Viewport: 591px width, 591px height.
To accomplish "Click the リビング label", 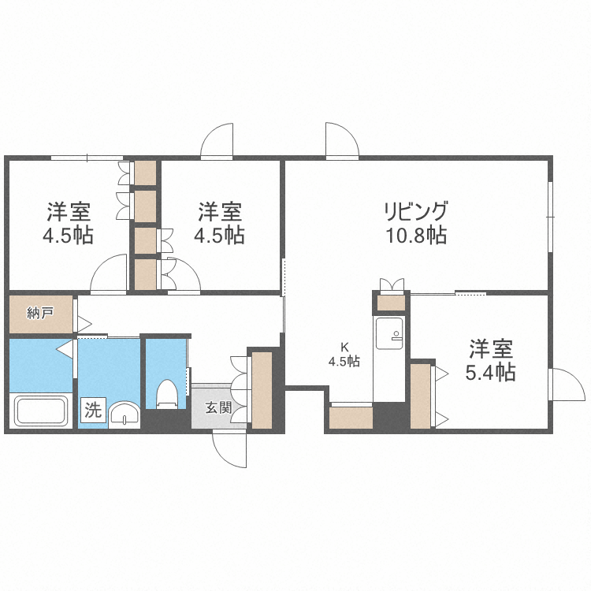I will point(415,211).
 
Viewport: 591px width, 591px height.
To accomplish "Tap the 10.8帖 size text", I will point(415,234).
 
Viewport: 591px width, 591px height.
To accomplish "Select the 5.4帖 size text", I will point(490,372).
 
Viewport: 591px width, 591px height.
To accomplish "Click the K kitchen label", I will point(344,347).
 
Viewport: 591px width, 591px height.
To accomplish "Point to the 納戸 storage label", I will point(39,313).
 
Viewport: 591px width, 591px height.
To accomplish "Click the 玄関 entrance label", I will point(219,408).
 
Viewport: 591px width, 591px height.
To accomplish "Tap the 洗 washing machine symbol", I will point(93,410).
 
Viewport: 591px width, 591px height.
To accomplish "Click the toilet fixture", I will point(166,394).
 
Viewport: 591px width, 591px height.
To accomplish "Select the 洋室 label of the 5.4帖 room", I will point(490,349).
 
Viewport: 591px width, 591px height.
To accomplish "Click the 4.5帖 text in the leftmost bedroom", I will point(68,234).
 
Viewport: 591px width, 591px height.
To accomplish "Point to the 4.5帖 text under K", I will point(344,362).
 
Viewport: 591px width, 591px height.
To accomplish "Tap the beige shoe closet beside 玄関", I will point(262,390).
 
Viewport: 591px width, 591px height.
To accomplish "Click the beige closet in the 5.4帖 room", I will point(421,396).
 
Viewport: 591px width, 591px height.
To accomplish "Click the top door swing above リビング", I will point(342,141).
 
